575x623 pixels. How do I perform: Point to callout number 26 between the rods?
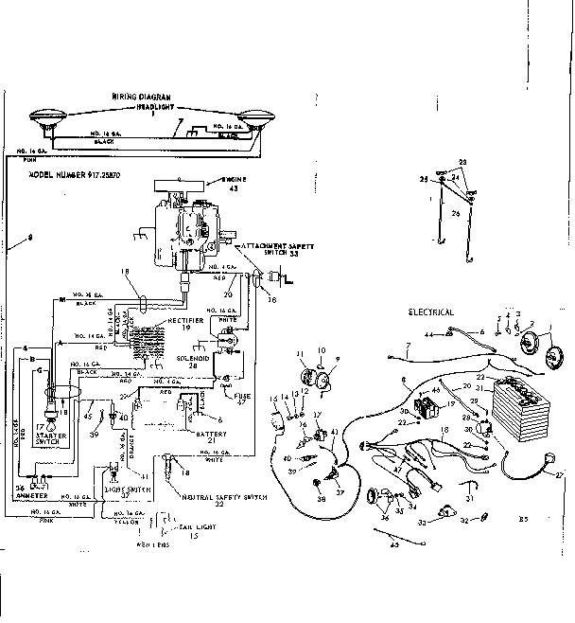click(x=455, y=213)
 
